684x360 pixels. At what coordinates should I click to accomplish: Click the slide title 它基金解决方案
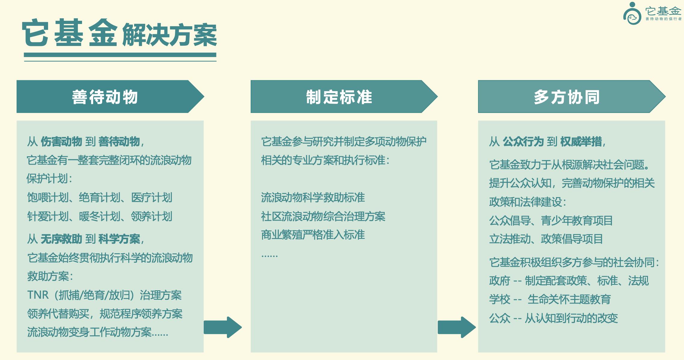pos(119,33)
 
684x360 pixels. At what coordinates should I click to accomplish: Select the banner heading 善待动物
pos(105,97)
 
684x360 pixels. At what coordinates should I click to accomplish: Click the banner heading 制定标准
pos(339,97)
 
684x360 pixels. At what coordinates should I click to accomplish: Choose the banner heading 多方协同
pos(567,97)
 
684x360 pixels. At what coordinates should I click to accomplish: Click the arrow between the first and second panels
pos(223,327)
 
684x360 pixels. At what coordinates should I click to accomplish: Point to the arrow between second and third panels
pos(457,327)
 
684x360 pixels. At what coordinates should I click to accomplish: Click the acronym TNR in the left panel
pos(38,295)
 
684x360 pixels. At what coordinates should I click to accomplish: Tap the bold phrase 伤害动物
pos(61,142)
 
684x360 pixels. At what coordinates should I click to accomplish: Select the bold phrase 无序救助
pos(61,239)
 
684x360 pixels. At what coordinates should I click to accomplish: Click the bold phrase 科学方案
pos(119,239)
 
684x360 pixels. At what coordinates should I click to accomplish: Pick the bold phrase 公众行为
pos(523,142)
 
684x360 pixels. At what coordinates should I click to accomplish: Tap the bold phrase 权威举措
pos(581,142)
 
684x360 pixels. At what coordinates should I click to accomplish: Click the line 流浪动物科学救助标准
pos(313,198)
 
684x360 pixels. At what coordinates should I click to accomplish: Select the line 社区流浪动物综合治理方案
pos(323,216)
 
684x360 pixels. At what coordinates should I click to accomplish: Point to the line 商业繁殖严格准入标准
pos(313,235)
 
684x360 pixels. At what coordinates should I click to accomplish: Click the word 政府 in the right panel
pos(499,281)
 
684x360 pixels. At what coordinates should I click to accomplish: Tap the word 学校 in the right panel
pos(499,299)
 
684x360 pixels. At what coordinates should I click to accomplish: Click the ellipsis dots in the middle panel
pos(270,256)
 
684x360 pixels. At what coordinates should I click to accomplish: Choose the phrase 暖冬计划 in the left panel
pos(100,216)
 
